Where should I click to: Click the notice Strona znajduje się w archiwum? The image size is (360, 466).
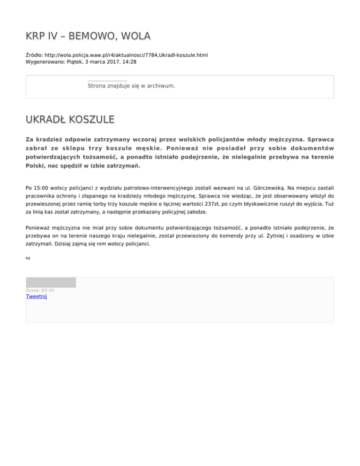click(x=131, y=86)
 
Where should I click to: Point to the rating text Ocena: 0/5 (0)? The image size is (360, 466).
click(x=40, y=290)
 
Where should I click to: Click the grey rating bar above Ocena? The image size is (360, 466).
click(x=51, y=282)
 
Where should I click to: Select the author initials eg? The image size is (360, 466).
click(x=28, y=258)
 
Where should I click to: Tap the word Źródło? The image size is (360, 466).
click(x=35, y=55)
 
